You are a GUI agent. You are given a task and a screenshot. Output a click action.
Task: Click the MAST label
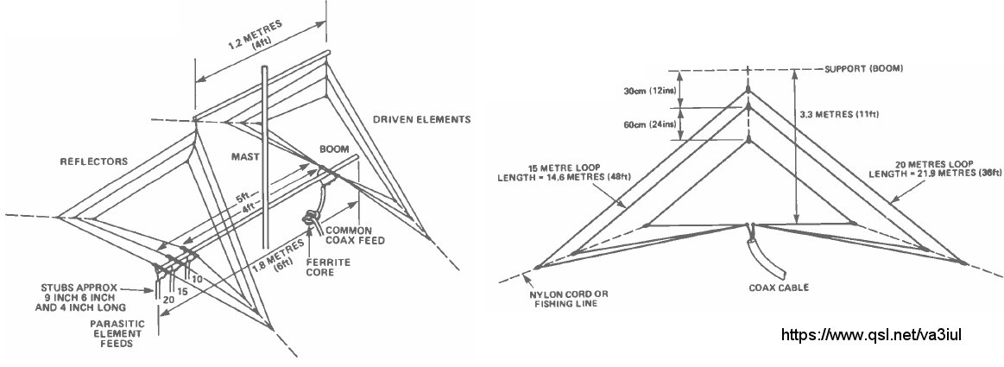click(245, 156)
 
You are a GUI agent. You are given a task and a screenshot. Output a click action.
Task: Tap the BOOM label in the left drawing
click(334, 148)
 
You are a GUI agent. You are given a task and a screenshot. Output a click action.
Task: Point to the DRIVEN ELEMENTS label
click(421, 118)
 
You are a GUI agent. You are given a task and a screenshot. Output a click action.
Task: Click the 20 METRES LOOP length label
click(926, 172)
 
